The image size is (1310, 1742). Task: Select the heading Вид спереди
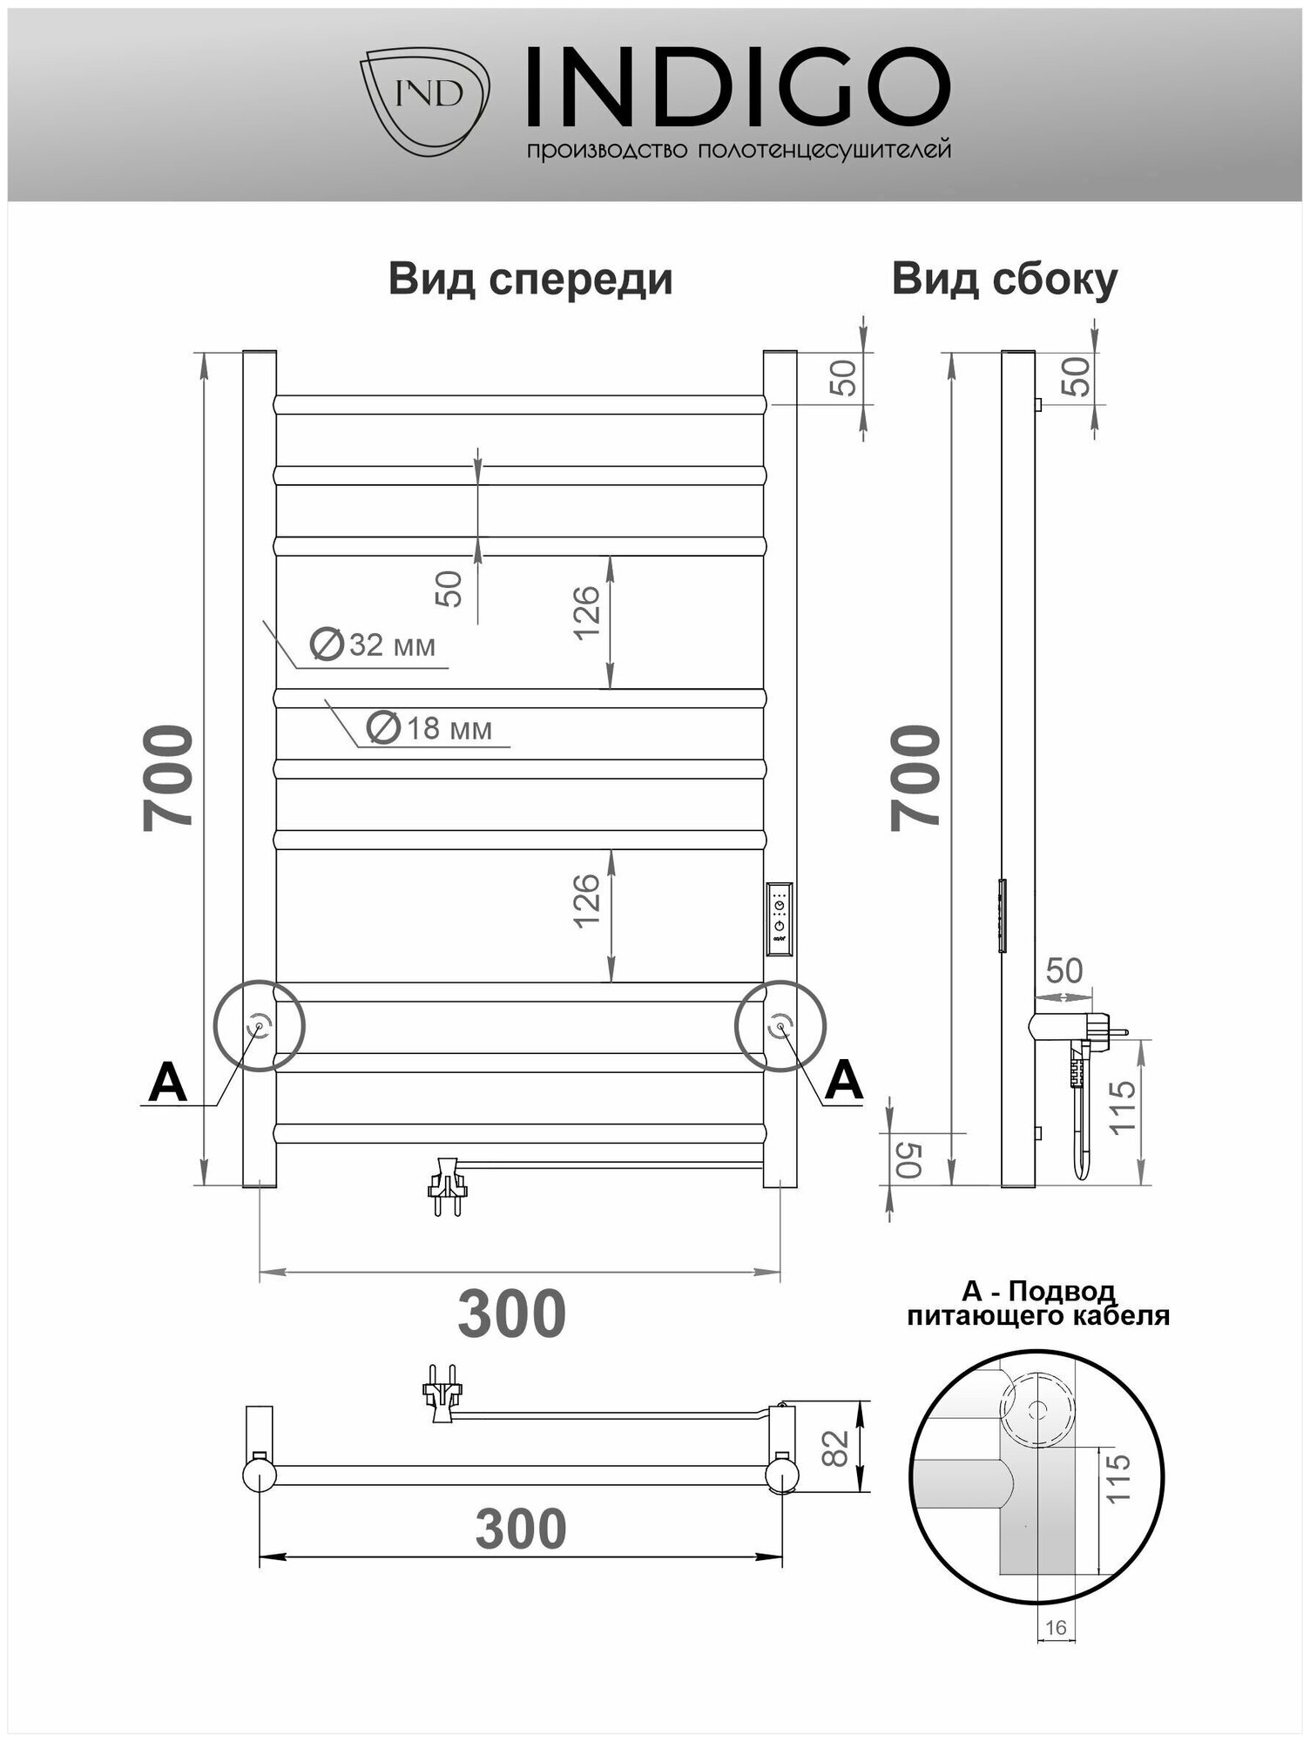point(530,280)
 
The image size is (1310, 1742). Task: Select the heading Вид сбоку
point(1004,280)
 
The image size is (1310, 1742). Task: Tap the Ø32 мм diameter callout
point(374,645)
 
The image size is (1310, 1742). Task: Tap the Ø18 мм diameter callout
point(430,727)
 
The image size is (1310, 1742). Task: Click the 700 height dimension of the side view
point(916,777)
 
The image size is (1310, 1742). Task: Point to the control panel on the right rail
point(780,920)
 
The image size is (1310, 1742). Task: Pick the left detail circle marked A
point(259,1025)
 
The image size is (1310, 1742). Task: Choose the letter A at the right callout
point(842,1082)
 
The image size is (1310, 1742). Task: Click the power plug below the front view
point(448,1185)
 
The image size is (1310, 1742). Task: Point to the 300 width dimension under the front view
point(512,1314)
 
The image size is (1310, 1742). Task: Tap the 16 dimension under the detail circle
point(1055,1627)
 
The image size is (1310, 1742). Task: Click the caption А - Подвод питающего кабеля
point(1038,1303)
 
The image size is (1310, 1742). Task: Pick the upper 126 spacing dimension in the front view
point(588,611)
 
